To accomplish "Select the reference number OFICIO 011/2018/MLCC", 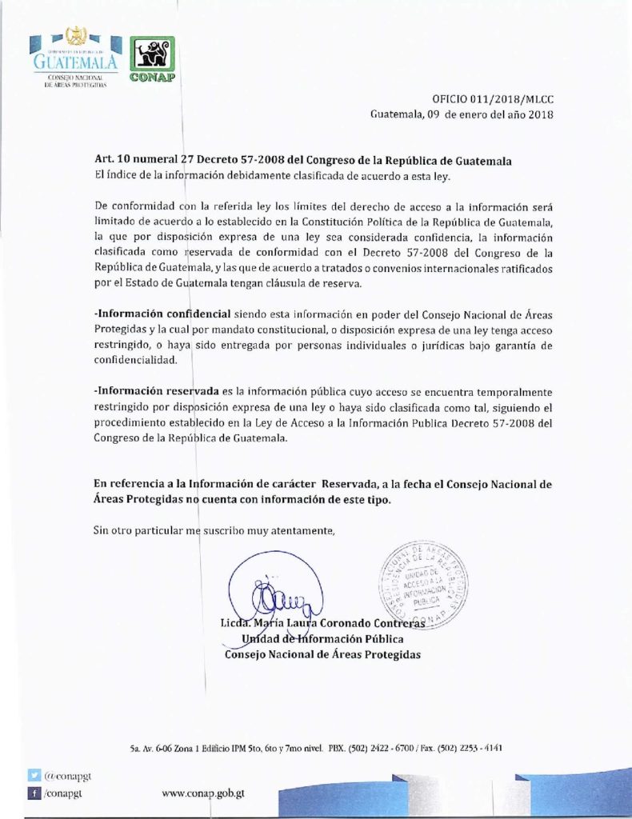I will tap(493, 99).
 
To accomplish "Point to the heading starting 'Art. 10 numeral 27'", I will tap(302, 160).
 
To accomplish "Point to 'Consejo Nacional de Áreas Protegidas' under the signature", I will tap(322, 654).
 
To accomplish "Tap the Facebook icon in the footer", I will tap(34, 793).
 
